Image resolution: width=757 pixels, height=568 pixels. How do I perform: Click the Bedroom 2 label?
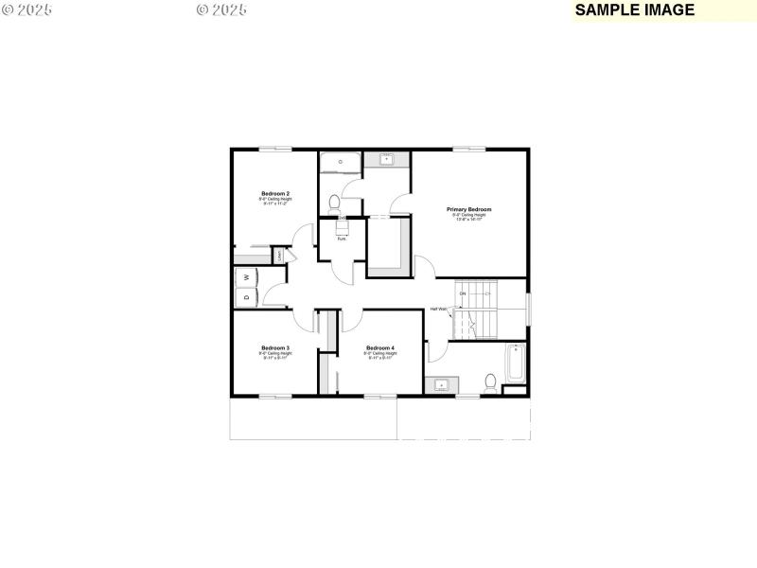click(x=275, y=193)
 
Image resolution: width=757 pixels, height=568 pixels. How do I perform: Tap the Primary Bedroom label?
click(x=469, y=209)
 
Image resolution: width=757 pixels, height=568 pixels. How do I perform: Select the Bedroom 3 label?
click(x=275, y=347)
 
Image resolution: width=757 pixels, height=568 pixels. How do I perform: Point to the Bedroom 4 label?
click(x=379, y=347)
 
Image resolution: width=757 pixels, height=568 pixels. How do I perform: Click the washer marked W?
click(x=246, y=276)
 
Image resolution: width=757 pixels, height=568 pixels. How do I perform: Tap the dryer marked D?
click(x=246, y=297)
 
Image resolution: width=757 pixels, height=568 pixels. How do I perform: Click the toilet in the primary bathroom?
click(x=334, y=202)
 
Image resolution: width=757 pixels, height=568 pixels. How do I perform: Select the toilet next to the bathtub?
click(x=490, y=382)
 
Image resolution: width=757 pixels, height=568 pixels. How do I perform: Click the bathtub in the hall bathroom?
click(x=516, y=364)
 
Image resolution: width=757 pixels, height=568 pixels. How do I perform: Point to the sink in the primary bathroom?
click(x=387, y=160)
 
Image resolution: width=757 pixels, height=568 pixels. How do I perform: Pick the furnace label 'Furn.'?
click(x=342, y=239)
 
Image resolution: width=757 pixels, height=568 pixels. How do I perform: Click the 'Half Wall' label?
click(x=439, y=309)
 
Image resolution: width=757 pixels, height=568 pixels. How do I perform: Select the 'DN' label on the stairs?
click(x=463, y=293)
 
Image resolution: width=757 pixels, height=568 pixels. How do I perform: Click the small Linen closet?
click(x=279, y=255)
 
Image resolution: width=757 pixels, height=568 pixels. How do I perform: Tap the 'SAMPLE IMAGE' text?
click(x=635, y=10)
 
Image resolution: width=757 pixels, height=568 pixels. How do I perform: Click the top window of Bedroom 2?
click(x=274, y=149)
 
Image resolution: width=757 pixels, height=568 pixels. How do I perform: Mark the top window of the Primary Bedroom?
click(x=467, y=149)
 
